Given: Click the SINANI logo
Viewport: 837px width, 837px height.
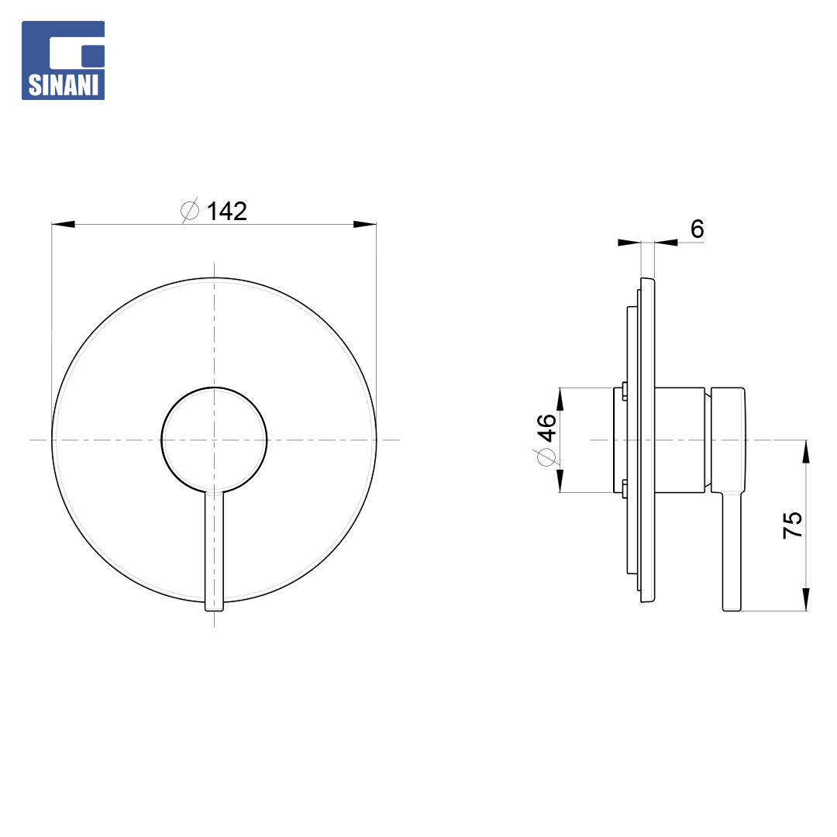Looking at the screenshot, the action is click(63, 60).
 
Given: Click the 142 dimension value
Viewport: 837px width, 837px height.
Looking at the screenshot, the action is click(227, 212).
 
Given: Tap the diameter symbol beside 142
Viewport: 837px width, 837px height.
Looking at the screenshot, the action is click(190, 210).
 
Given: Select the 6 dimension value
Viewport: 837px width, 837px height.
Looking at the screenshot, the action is click(697, 229).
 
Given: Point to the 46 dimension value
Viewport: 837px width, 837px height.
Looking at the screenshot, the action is click(546, 428).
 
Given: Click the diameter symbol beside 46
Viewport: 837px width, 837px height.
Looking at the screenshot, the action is click(546, 457).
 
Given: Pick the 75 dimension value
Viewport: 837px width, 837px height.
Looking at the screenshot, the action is click(793, 525).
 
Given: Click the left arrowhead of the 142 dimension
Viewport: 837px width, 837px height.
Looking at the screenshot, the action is click(63, 224).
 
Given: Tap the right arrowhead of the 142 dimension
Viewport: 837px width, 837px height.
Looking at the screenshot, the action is click(365, 224).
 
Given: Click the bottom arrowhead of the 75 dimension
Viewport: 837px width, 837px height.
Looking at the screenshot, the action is click(806, 600).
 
